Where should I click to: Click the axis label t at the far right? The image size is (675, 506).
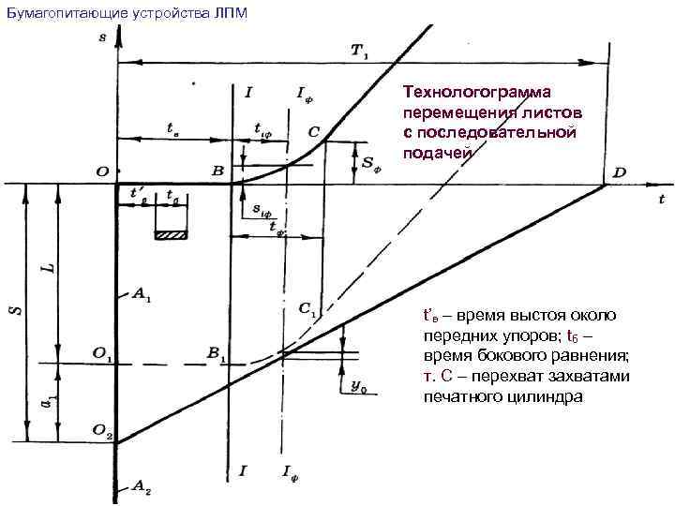pos(661,199)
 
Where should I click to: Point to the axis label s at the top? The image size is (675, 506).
pos(101,37)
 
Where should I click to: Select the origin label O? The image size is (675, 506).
pos(100,171)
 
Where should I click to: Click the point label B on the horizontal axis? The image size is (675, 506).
pos(217,171)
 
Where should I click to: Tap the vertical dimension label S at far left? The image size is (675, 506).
pos(15,306)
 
